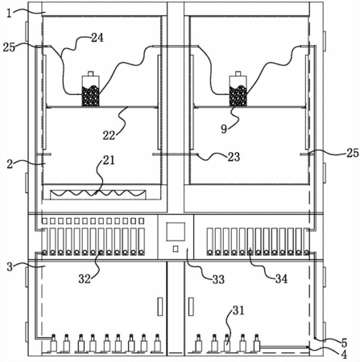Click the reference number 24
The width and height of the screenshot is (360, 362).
(x=97, y=38)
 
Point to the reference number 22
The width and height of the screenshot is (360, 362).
(x=109, y=135)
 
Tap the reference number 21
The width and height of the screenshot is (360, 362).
(x=109, y=160)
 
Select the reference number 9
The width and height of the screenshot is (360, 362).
(x=224, y=130)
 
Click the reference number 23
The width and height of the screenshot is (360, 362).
(x=234, y=157)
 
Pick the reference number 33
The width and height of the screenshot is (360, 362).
(x=218, y=280)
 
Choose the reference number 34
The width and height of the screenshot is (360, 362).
(x=281, y=279)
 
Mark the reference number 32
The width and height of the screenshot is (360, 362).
(x=85, y=279)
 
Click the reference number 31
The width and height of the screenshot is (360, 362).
(x=238, y=311)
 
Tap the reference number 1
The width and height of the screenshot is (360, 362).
(x=9, y=13)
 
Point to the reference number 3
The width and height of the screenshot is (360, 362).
(x=10, y=267)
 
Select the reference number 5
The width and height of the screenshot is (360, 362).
(x=344, y=343)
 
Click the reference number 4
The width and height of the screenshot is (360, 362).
(x=344, y=354)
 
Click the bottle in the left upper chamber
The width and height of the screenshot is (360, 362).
(x=90, y=88)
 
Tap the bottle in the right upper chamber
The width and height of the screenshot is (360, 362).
(x=238, y=88)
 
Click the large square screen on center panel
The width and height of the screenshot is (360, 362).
(x=176, y=232)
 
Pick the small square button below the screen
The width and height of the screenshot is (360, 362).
(x=176, y=249)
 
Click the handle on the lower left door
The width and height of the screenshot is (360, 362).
(x=160, y=306)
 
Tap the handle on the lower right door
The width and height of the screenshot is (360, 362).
(x=191, y=306)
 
